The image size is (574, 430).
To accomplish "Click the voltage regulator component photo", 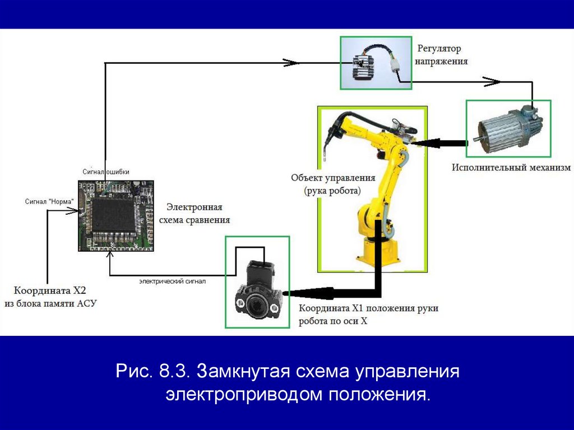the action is (x=376, y=63).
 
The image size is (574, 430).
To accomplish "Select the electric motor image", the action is (x=508, y=128).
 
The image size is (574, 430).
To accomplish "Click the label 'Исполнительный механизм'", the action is (x=511, y=168).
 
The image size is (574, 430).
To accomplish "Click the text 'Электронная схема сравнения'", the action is (x=195, y=214).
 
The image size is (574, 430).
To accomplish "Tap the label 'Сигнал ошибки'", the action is (x=106, y=172).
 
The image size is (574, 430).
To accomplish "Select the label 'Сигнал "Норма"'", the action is (x=49, y=201).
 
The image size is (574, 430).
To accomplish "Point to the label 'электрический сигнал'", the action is (x=173, y=281).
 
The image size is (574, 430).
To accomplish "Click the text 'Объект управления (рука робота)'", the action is (x=333, y=184).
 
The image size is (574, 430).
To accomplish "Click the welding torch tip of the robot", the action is (x=325, y=158).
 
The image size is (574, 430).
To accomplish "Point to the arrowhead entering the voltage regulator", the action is (x=291, y=63).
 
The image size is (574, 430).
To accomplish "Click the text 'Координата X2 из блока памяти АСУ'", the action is (x=50, y=297).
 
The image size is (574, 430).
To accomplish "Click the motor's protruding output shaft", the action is (x=477, y=139).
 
